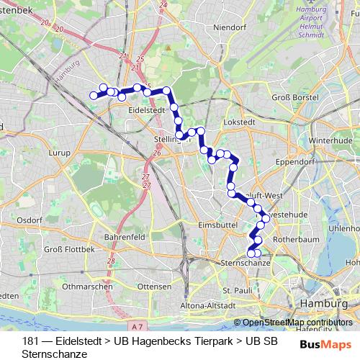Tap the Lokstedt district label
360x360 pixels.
(238, 123)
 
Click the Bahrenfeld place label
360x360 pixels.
(125, 236)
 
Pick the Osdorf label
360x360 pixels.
(30, 220)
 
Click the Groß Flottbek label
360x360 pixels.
(69, 249)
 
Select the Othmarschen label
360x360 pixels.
(87, 286)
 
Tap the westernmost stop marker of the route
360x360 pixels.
(93, 95)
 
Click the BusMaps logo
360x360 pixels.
(325, 344)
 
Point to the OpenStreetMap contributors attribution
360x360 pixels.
(297, 323)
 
